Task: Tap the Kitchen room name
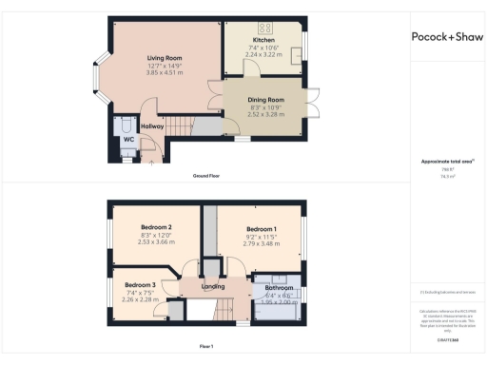[263, 40]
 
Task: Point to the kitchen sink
[295, 52]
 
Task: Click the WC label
[127, 140]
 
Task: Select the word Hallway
[153, 126]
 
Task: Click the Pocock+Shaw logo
[446, 37]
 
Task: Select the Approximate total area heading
[444, 161]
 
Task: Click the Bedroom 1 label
[262, 229]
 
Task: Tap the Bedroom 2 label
[155, 228]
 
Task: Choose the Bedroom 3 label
[139, 285]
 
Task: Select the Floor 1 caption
[205, 346]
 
